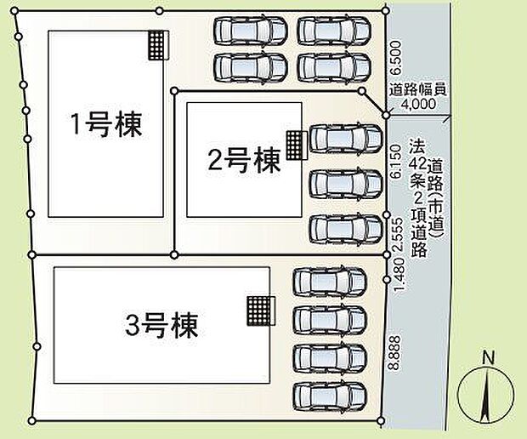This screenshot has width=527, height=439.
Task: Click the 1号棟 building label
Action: tap(106, 125)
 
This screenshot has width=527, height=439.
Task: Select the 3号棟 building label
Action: tap(161, 324)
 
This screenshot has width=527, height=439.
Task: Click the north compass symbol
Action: tap(486, 395)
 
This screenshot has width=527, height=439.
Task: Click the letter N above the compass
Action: tap(487, 357)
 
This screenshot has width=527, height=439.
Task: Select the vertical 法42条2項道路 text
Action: tap(416, 197)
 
